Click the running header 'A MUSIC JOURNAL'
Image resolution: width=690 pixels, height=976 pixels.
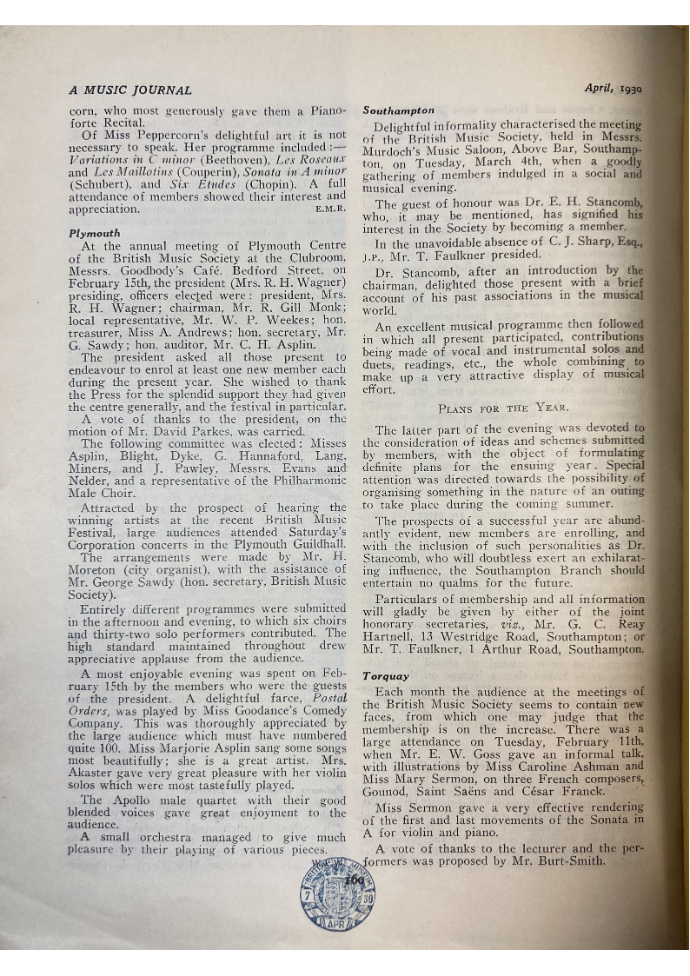point(130,90)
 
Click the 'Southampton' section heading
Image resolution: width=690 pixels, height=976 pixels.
point(399,111)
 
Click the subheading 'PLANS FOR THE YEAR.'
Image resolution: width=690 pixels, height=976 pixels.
point(503,408)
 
